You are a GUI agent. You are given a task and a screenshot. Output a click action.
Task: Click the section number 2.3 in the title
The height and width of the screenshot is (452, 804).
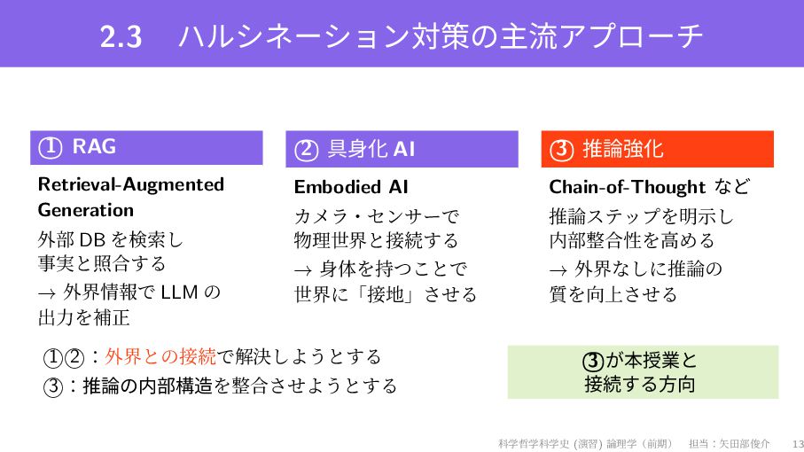tap(121, 37)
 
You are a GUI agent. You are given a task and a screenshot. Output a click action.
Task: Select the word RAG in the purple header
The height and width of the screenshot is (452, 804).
tap(94, 147)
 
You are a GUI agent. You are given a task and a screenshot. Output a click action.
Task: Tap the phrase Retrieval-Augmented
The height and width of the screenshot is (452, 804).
tap(131, 184)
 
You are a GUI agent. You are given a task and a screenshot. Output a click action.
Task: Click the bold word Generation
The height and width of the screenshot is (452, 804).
tap(86, 211)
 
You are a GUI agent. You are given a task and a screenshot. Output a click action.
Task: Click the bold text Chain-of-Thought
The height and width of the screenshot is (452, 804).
tap(628, 187)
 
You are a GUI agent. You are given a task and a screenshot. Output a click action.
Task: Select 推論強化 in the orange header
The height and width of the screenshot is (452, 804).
tap(622, 150)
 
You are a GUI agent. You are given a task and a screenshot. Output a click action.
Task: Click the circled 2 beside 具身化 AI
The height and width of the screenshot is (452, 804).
tap(306, 151)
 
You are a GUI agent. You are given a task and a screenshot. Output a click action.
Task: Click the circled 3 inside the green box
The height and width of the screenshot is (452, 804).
tap(592, 361)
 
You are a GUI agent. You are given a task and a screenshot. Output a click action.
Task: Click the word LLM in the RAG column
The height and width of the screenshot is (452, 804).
tap(181, 292)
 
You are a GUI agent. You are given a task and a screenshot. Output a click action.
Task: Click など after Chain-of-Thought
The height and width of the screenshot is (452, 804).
tap(730, 187)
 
